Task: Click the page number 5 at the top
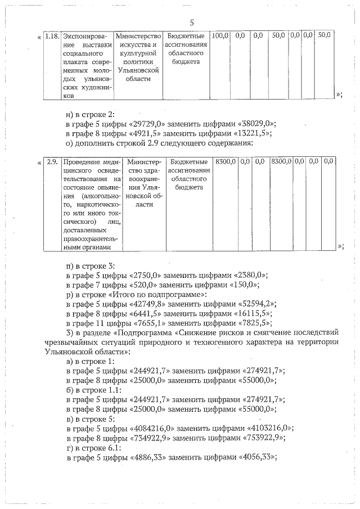pyautogui.click(x=192, y=22)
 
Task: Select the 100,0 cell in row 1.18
pyautogui.click(x=220, y=35)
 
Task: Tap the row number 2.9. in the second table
pyautogui.click(x=52, y=161)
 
